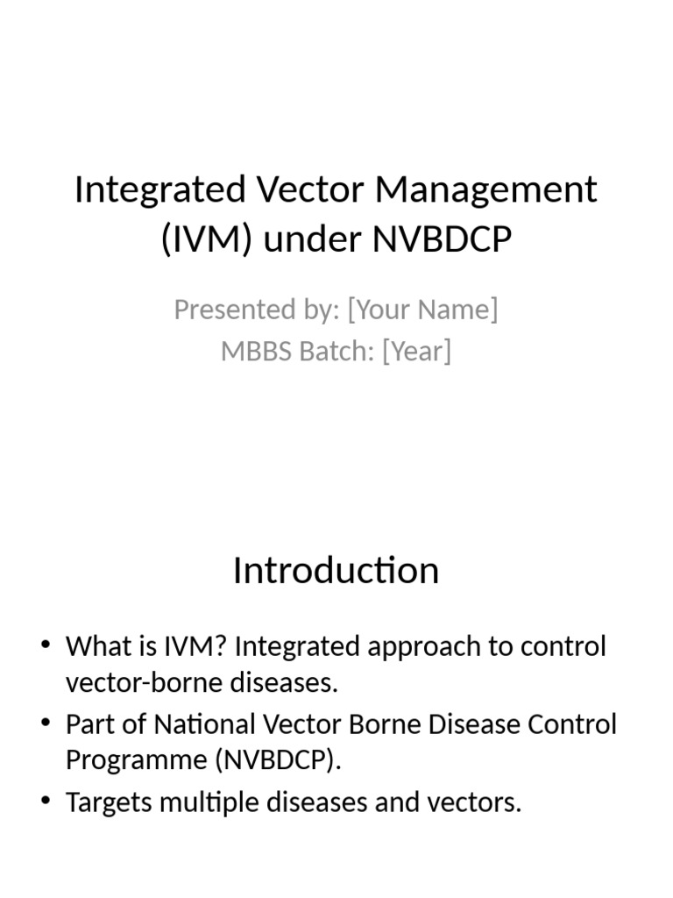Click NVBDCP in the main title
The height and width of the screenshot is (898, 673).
coord(442,239)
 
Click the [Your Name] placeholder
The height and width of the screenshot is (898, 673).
coord(422,310)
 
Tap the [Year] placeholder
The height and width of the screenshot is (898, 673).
coord(417,352)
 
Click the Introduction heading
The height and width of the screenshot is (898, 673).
coord(336,571)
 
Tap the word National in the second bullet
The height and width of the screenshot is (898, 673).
coord(203,725)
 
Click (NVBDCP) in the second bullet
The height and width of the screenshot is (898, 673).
coord(276,760)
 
